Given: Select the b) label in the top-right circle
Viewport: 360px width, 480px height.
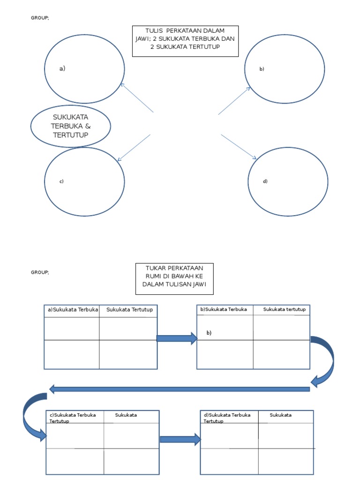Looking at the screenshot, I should click(262, 69).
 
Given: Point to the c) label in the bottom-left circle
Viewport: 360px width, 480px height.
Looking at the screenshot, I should click(61, 181).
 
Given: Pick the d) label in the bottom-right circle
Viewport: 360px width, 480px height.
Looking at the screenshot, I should click(265, 181).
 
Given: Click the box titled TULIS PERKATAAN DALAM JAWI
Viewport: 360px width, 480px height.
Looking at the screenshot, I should click(185, 41).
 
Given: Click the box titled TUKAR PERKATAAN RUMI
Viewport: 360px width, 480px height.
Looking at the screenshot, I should click(174, 278).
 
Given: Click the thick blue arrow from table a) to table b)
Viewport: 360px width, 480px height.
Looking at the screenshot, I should click(177, 338).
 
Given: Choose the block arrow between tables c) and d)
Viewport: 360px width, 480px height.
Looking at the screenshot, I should click(180, 439).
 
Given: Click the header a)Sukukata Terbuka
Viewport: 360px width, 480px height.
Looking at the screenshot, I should click(72, 309).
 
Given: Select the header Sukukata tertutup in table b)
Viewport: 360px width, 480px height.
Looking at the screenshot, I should click(284, 309).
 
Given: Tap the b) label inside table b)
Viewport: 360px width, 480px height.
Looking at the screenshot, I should click(209, 333).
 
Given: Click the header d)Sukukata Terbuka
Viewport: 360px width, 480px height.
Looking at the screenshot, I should click(227, 415).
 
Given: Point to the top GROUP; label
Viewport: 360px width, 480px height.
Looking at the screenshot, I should click(40, 18).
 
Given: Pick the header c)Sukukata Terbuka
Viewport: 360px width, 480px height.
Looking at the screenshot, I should click(73, 415).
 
